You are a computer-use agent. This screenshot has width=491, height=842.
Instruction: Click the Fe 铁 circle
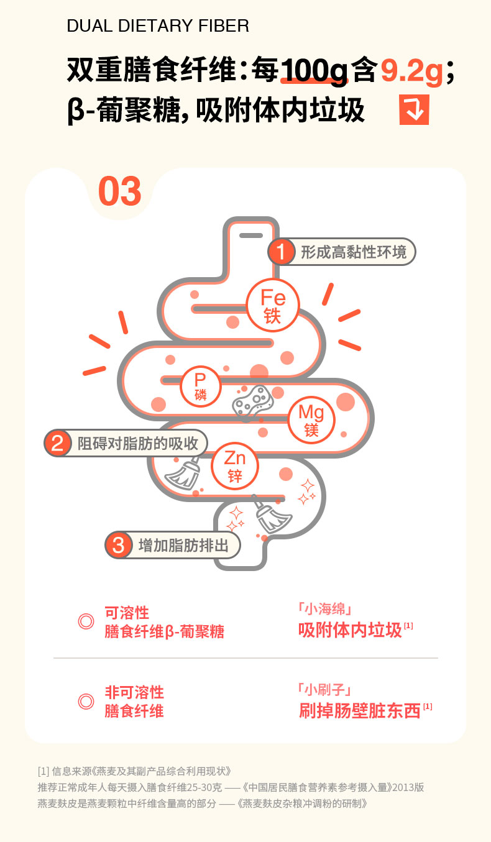273,305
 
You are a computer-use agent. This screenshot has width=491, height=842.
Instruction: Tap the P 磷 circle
200,387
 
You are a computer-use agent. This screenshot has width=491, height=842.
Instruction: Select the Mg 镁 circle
311,419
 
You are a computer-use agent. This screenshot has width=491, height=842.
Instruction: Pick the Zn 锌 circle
235,465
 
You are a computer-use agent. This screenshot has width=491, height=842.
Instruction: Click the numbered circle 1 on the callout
281,252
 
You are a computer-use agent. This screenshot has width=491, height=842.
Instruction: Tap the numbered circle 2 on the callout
57,443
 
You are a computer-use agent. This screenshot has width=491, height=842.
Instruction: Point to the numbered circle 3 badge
119,545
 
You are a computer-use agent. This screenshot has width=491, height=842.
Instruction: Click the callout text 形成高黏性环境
354,252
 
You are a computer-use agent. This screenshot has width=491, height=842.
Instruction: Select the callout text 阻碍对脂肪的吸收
137,444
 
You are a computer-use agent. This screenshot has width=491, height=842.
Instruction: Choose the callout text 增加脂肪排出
183,546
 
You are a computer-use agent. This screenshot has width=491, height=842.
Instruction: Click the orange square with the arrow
414,109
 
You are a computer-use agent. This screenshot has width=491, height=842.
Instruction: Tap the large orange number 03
119,191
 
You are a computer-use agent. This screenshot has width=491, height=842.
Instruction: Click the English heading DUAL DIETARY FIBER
158,26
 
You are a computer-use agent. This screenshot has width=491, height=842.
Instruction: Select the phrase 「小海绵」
325,609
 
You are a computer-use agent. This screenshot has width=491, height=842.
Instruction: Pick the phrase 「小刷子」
325,690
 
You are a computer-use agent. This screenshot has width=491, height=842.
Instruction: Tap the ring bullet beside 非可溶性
86,702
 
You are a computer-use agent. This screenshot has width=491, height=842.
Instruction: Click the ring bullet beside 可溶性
86,621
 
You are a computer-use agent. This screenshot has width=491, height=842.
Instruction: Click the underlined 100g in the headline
314,71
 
